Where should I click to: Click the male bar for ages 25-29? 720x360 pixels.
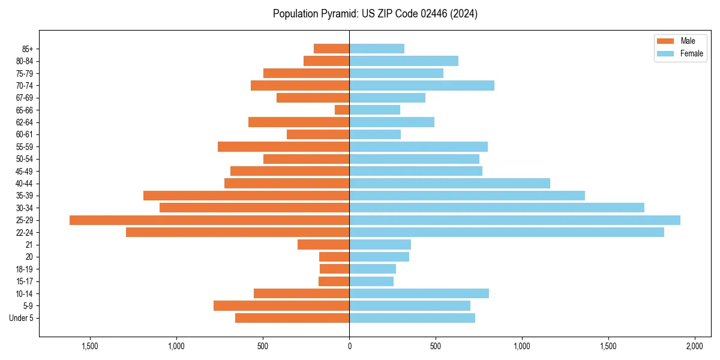click(x=209, y=220)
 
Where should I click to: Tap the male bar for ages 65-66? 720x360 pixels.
click(x=342, y=110)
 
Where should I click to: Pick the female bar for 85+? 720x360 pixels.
click(x=377, y=49)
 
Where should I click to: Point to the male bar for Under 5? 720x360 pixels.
click(x=292, y=318)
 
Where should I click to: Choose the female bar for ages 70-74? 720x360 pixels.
click(x=422, y=85)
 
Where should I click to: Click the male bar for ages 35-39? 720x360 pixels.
click(x=246, y=196)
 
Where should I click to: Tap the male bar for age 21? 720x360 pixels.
click(x=323, y=245)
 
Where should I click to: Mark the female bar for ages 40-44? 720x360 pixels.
click(x=449, y=183)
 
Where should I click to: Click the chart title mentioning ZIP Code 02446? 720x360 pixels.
click(x=375, y=14)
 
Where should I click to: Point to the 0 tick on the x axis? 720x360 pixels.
click(x=349, y=347)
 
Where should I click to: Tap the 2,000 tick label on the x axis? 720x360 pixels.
click(x=694, y=347)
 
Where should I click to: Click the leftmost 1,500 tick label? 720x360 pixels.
click(x=90, y=347)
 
